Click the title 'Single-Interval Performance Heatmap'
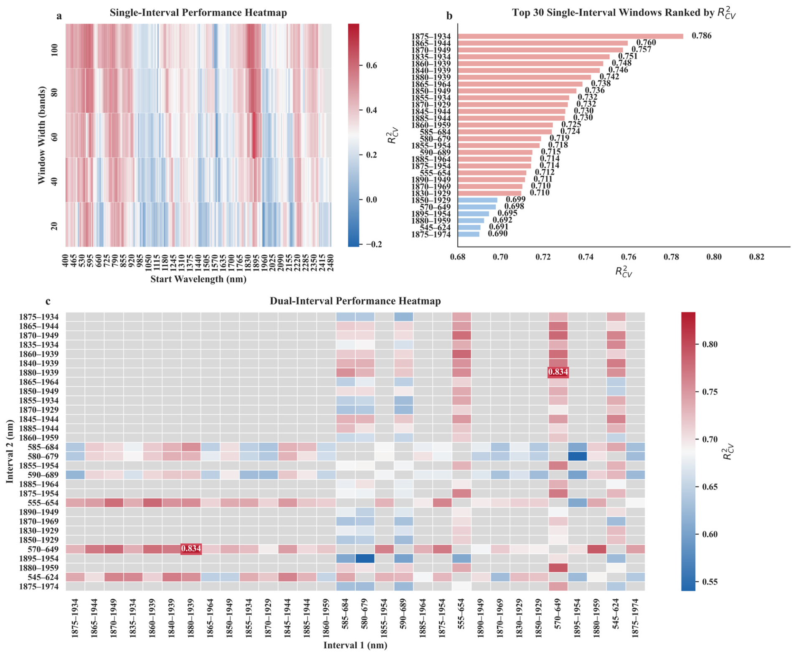coord(198,13)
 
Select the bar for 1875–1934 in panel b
coord(570,36)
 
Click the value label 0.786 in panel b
coord(701,36)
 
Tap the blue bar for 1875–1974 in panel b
coord(468,234)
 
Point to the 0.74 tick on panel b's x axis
coord(586,256)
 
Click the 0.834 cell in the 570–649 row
coord(191,549)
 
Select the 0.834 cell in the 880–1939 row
coord(558,372)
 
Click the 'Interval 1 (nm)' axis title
coord(355,645)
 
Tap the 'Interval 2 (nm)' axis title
coord(10,452)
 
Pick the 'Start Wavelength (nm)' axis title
coord(198,279)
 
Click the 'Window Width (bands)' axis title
coord(41,135)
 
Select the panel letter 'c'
coord(48,301)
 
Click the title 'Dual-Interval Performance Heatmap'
coord(355,301)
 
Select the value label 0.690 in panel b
coord(497,234)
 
